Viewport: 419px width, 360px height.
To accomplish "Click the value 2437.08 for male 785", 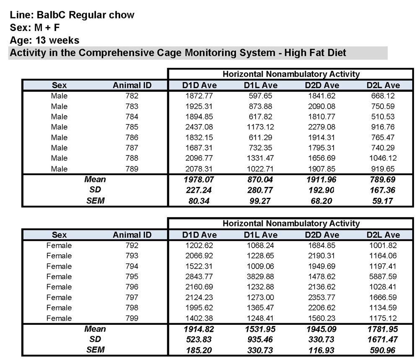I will [x=199, y=127].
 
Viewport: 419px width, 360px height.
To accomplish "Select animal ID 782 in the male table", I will [x=132, y=96].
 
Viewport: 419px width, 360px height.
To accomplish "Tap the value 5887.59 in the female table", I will [x=383, y=277].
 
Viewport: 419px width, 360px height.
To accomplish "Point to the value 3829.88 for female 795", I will [x=261, y=277].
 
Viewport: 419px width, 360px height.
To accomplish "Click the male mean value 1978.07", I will [x=199, y=179].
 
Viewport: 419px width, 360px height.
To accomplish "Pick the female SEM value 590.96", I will [x=383, y=350].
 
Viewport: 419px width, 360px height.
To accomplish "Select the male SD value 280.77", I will [x=261, y=190].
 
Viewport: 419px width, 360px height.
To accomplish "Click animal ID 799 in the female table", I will [x=132, y=318].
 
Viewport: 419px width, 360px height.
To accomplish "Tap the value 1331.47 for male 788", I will [x=261, y=158].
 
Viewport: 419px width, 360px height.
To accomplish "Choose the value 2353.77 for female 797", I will [x=321, y=298].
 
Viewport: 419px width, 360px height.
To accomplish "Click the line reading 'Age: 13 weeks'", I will [x=44, y=41].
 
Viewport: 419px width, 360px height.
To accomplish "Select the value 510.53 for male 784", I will [x=383, y=117].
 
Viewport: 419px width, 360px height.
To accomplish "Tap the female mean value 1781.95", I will [x=383, y=329].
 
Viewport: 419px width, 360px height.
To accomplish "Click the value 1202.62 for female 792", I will [x=199, y=246].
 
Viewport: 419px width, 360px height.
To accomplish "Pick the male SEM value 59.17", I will [x=383, y=200].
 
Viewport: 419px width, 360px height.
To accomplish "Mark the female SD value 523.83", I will [x=199, y=339].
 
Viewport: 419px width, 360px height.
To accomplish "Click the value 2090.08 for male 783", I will [x=321, y=106].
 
